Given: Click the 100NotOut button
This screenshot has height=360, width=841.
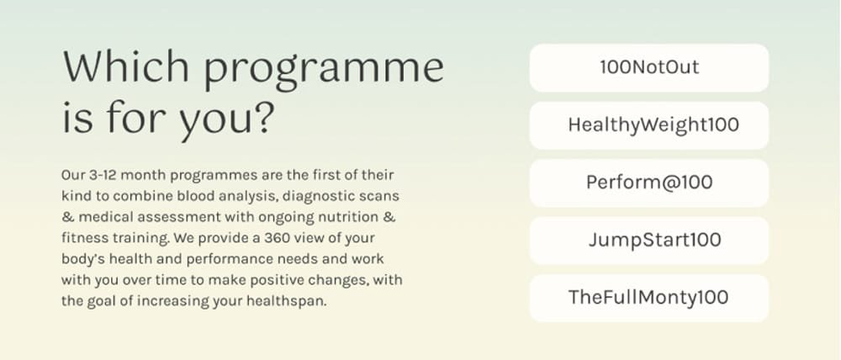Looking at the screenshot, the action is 649,67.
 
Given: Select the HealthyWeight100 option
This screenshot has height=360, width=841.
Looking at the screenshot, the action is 649,125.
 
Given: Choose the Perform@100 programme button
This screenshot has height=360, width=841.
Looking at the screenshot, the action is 649,183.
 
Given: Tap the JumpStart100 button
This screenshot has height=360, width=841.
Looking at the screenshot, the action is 649,241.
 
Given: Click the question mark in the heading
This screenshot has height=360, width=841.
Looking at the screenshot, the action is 262,116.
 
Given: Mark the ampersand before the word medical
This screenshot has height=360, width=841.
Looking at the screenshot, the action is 67,217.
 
